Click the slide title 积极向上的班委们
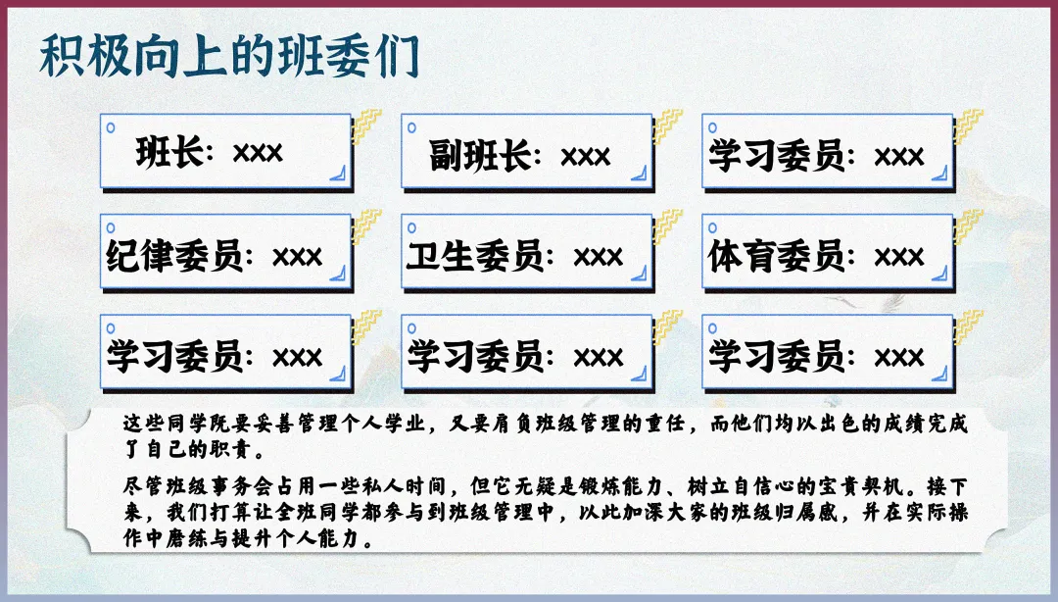point(228,57)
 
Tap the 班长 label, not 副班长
point(169,152)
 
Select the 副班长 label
point(480,155)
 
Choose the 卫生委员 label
point(475,256)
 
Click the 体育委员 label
point(776,256)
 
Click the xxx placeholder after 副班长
point(586,156)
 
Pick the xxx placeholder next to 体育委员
point(899,257)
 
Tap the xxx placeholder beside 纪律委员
point(297,257)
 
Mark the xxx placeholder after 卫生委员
point(598,257)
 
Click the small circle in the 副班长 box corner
point(411,126)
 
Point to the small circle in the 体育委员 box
point(713,226)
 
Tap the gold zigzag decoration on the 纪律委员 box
point(366,225)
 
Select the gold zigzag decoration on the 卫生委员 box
point(668,225)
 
